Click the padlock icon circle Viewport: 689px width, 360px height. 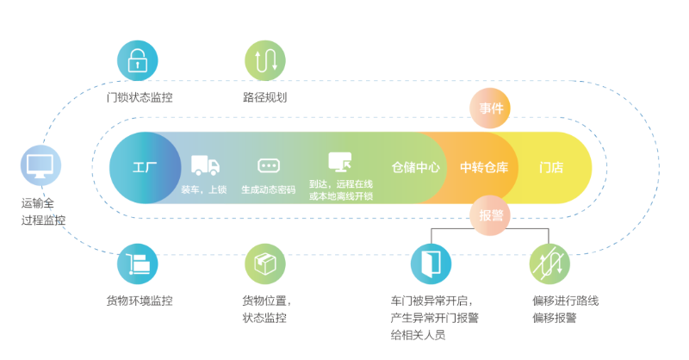coord(138,60)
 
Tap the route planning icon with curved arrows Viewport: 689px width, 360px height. coord(264,60)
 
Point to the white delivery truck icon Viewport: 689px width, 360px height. coord(204,164)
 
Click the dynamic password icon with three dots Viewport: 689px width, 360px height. coord(268,165)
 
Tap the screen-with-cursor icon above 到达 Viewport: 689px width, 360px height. coord(340,162)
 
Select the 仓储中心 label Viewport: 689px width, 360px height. coord(415,167)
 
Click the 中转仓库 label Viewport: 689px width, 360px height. coord(484,167)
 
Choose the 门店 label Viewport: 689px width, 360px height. coord(551,167)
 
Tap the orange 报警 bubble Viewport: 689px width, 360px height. coord(491,215)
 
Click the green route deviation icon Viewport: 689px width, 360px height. coord(549,264)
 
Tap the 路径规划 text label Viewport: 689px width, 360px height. coord(264,97)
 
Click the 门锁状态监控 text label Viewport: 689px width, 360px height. coord(139,97)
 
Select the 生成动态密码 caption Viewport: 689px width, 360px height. coord(268,189)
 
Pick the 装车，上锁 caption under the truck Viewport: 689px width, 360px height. coord(204,189)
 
